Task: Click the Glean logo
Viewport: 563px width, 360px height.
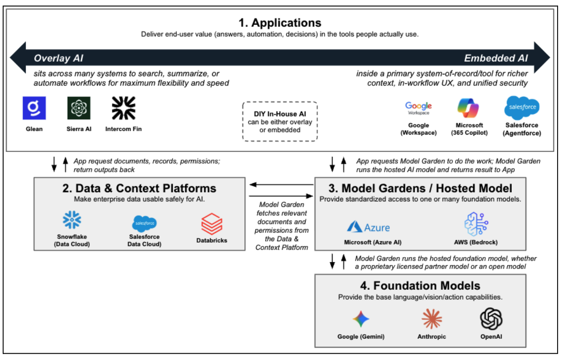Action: (x=34, y=108)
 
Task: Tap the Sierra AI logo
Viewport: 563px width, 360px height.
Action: (x=79, y=108)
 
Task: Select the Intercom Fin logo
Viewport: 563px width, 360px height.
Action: (x=124, y=108)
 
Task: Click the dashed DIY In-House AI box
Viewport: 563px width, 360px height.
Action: (x=280, y=122)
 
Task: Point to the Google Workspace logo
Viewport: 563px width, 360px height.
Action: (x=418, y=108)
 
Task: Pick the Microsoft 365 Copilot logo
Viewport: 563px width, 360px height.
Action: (x=470, y=108)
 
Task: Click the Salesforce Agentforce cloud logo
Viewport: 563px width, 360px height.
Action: (x=522, y=107)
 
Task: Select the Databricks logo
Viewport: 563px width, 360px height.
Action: (x=212, y=224)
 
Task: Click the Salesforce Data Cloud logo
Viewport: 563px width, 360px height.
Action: (x=145, y=223)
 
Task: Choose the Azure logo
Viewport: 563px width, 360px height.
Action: (x=369, y=226)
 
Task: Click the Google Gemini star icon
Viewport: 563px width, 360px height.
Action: (x=361, y=319)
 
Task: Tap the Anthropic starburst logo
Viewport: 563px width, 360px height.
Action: (x=432, y=319)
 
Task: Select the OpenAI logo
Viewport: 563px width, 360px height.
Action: (x=491, y=318)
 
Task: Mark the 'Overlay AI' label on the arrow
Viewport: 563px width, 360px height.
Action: (x=58, y=58)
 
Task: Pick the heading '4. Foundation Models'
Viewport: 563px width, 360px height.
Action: (x=420, y=286)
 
